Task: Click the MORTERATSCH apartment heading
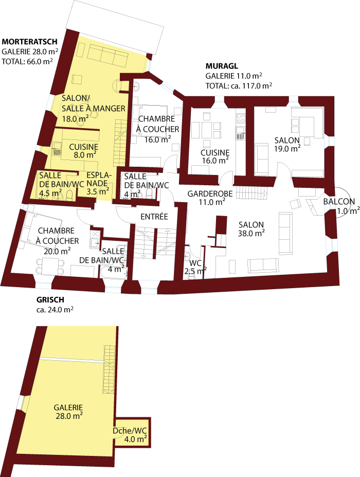29,42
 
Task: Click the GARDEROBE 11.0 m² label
210,198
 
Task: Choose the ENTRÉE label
154,218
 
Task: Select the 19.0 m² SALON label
287,145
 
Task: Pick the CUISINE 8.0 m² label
83,151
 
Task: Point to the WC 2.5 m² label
195,265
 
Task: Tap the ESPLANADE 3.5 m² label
97,183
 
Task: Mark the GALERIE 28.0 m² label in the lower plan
68,412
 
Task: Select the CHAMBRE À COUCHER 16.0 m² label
157,129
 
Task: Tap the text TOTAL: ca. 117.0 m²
239,86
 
